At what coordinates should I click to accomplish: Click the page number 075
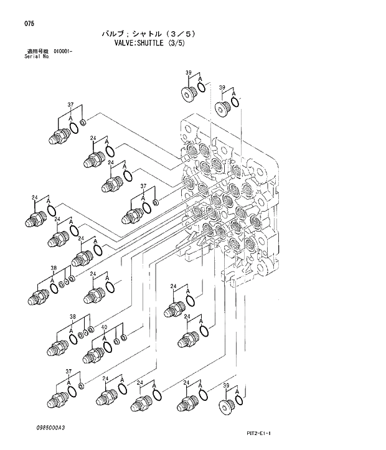tap(29, 24)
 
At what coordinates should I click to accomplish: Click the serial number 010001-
tap(63, 51)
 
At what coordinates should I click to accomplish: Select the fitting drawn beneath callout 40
tap(94, 355)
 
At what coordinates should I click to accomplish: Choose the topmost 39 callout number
tap(188, 73)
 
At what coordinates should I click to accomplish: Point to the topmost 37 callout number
tap(71, 105)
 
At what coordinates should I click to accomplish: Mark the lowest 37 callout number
tap(69, 372)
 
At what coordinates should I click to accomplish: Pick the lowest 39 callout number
tap(226, 386)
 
